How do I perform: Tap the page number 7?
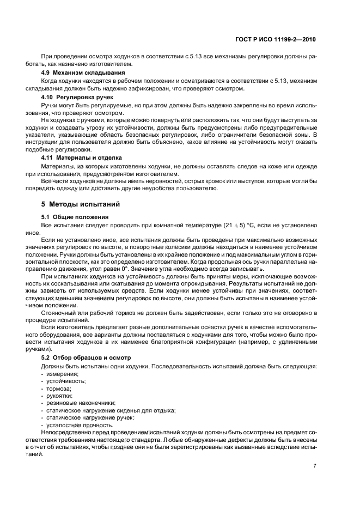(x=315, y=465)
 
